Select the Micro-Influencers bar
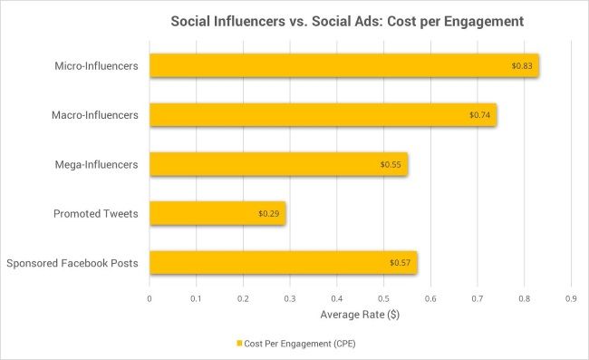click(344, 65)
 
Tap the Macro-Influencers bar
click(323, 114)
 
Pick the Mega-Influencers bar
click(278, 164)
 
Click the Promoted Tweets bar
click(217, 213)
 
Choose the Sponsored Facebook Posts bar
click(283, 263)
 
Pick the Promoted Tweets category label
click(96, 214)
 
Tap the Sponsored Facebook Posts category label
click(72, 264)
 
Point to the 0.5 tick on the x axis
click(383, 297)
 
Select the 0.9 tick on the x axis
click(571, 297)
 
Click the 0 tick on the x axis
click(150, 297)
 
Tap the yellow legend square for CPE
click(239, 344)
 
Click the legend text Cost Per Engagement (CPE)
click(298, 344)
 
